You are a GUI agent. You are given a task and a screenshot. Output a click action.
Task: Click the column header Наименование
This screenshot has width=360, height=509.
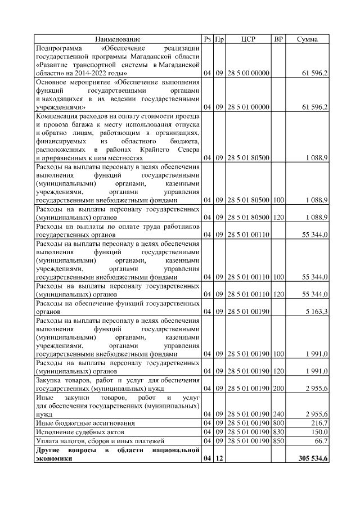coord(118,39)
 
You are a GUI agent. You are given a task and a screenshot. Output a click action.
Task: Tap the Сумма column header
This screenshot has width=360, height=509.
coord(308,39)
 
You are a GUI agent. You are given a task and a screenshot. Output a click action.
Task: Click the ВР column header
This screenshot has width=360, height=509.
coord(278,39)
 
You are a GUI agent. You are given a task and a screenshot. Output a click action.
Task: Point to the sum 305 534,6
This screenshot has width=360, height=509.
coord(313,459)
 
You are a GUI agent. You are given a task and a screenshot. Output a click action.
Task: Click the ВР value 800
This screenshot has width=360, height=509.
coord(278,422)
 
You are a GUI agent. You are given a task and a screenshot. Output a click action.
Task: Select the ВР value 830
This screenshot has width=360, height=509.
coord(278,431)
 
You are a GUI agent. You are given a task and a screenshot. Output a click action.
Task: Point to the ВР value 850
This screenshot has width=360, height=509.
coord(278,440)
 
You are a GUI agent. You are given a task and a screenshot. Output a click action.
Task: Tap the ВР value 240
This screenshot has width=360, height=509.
coord(278,413)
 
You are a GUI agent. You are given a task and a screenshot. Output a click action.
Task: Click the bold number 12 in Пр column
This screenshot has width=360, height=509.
coord(220,459)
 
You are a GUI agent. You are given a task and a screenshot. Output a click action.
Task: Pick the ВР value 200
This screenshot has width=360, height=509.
coord(278,388)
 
